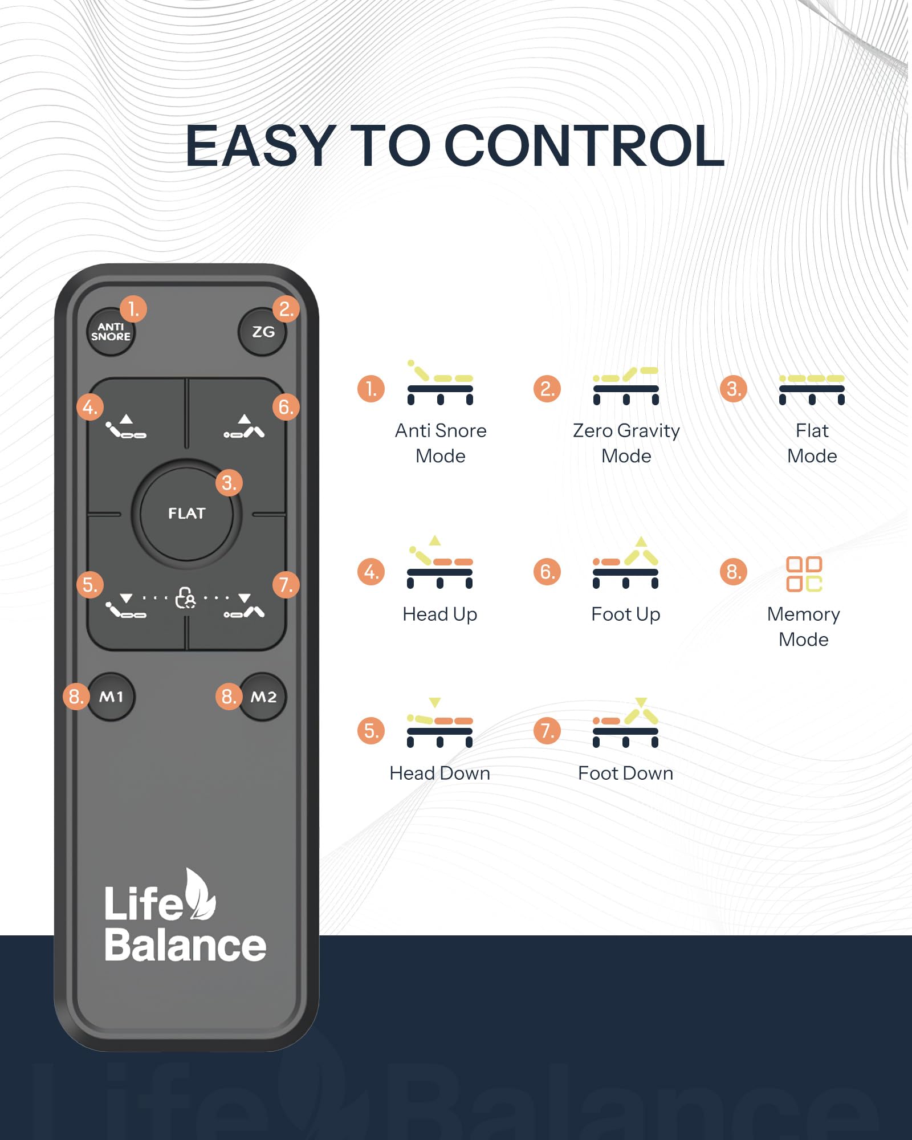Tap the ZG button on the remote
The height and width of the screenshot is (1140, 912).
262,332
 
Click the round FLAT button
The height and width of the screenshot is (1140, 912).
186,514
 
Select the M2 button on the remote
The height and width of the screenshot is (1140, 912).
263,697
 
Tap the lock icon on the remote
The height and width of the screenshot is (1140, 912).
186,598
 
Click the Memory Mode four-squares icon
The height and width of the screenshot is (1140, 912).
804,574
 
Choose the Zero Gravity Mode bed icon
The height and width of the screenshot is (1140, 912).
626,386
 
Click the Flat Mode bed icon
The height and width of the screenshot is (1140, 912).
812,390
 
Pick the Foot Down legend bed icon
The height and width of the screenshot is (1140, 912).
626,722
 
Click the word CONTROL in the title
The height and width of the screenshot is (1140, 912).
584,146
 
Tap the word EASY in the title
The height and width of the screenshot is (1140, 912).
260,146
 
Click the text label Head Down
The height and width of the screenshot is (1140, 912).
439,773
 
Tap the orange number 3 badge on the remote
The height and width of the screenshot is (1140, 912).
229,483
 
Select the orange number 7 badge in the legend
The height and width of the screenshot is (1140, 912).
547,731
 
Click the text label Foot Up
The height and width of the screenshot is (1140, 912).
626,614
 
